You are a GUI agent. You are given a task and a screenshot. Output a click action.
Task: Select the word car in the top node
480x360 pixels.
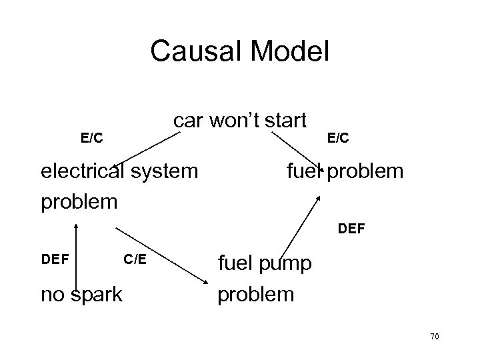click(188, 121)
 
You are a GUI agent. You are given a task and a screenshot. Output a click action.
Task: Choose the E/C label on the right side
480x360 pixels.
click(338, 138)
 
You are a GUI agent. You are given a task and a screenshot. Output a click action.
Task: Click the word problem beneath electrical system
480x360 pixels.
click(79, 201)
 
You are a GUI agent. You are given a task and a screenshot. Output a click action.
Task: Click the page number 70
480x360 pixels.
click(434, 337)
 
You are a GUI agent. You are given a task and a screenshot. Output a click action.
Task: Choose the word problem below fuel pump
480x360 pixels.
click(256, 294)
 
